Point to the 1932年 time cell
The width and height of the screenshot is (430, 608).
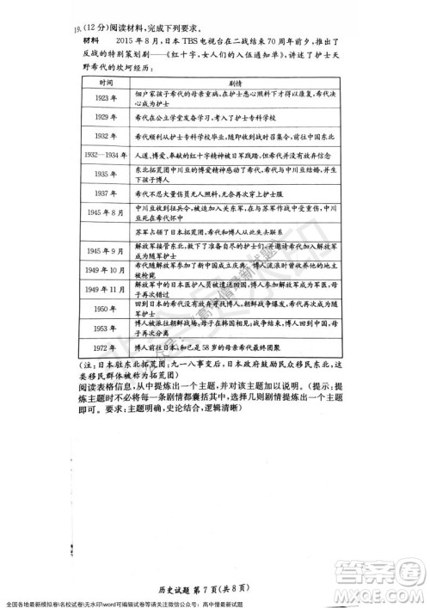[x=107, y=136]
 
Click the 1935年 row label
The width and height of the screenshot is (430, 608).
[x=107, y=173]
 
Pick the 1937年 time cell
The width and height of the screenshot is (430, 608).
[x=107, y=193]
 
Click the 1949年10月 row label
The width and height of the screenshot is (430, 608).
[x=106, y=270]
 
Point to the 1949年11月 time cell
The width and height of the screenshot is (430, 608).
[x=106, y=289]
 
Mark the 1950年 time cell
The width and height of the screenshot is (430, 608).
[x=106, y=308]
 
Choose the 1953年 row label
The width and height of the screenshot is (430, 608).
[x=106, y=328]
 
